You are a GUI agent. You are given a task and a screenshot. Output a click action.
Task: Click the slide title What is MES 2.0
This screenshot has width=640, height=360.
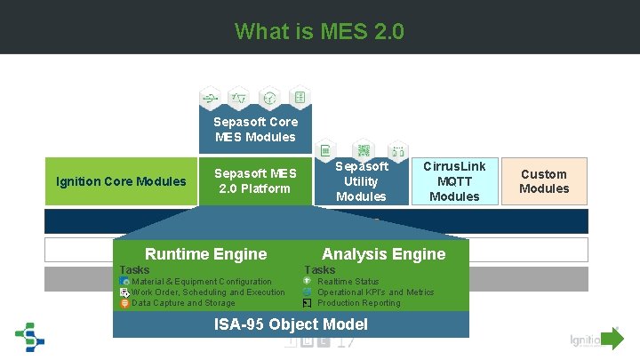point(319,32)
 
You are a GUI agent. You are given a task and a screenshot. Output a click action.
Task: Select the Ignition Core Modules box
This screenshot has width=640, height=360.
point(121,181)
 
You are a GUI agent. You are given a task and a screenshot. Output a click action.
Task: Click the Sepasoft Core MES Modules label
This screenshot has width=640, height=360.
point(255,129)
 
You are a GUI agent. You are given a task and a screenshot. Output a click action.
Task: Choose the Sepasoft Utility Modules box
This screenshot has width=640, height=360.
point(361,181)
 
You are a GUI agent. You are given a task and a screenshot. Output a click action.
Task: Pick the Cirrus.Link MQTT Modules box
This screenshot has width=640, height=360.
point(453,181)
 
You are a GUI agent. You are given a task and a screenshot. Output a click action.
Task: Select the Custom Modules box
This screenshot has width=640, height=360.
point(544,181)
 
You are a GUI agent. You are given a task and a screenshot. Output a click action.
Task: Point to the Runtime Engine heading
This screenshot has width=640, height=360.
point(205,254)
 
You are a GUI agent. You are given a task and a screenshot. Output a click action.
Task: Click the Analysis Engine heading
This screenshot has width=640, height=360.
point(383,254)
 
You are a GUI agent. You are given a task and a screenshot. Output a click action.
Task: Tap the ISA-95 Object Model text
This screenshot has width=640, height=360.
point(291,324)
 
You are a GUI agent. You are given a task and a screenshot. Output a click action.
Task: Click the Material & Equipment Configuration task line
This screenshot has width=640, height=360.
point(202,282)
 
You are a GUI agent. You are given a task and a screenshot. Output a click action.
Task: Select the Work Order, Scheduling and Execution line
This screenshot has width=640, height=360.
point(208,292)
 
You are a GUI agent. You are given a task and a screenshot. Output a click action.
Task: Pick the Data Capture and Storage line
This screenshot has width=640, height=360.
point(183,303)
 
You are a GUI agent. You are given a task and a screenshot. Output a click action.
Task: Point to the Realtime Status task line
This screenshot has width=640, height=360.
point(348,282)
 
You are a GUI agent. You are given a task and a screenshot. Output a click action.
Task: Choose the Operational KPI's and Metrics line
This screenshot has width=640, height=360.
point(375,292)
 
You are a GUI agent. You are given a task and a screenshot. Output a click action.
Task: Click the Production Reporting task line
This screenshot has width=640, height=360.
point(358,303)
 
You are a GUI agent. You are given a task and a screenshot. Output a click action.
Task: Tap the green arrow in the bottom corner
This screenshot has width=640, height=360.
point(612,339)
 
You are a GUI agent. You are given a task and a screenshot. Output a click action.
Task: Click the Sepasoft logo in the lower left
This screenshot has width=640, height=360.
point(30,339)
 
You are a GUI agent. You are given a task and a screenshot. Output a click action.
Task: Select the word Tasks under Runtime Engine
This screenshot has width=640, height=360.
point(134,269)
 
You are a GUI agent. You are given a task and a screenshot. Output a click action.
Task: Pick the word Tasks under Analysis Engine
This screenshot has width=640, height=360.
point(319,269)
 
